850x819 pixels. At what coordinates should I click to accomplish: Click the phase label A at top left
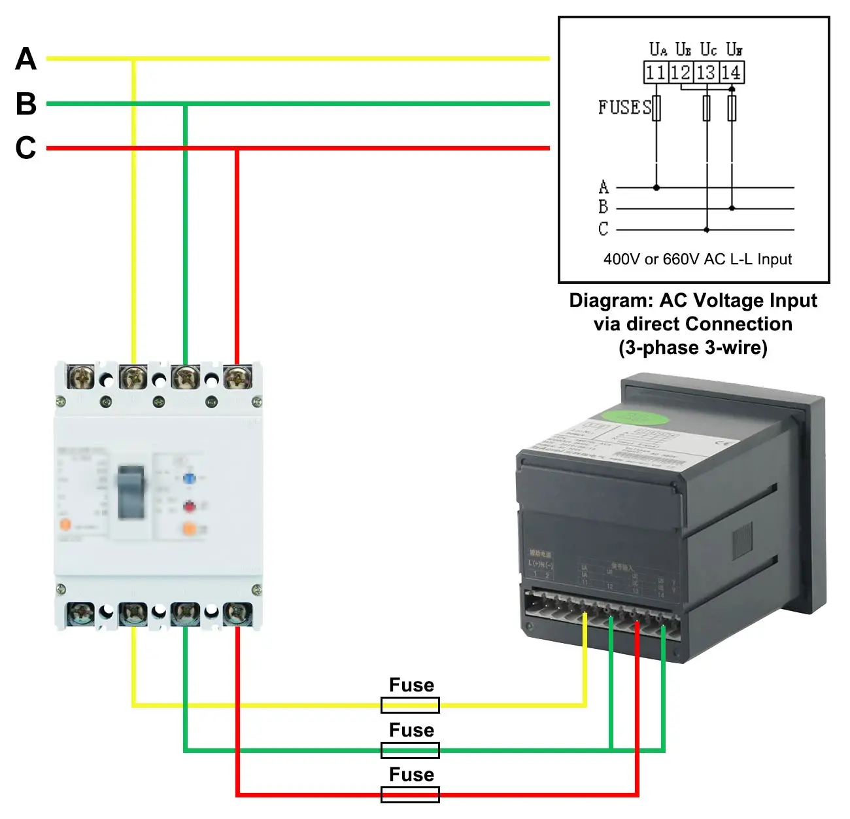[x=26, y=59]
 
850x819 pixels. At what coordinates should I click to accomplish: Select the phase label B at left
[x=26, y=103]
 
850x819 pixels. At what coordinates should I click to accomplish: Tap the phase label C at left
[x=26, y=148]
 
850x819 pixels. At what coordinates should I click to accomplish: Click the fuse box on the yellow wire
[x=410, y=705]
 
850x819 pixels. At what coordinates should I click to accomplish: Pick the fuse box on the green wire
[x=410, y=750]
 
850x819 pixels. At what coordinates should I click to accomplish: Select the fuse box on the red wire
[x=410, y=795]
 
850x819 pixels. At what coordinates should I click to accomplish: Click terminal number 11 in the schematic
[x=655, y=73]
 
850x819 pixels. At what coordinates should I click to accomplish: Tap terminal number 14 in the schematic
[x=731, y=73]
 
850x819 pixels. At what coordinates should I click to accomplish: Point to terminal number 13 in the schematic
[x=706, y=73]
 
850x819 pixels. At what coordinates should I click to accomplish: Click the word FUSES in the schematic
[x=624, y=107]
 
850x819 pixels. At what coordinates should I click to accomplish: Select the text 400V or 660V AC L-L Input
[x=697, y=259]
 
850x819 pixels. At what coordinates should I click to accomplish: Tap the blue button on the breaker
[x=189, y=478]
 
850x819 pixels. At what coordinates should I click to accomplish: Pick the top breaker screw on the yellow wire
[x=133, y=377]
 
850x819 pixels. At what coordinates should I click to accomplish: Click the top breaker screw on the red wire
[x=237, y=377]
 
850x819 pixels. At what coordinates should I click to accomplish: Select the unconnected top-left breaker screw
[x=81, y=377]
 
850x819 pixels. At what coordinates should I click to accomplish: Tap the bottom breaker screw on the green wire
[x=185, y=614]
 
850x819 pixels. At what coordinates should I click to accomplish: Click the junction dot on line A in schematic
[x=656, y=188]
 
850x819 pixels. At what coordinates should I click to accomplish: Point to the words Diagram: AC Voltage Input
[x=692, y=300]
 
